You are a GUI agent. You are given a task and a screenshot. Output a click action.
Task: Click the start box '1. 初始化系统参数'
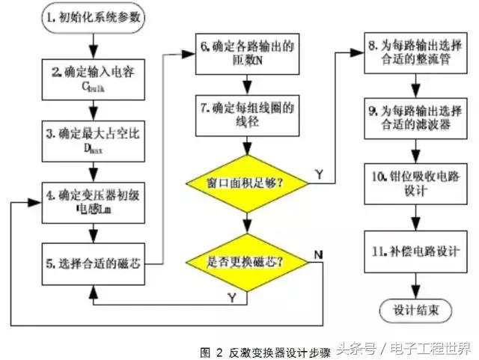click(91, 16)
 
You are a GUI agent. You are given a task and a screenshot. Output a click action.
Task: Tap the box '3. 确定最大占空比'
click(91, 138)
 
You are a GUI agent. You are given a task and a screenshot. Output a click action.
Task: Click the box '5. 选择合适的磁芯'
click(91, 263)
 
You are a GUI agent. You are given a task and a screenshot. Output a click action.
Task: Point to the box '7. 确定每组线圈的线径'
click(245, 115)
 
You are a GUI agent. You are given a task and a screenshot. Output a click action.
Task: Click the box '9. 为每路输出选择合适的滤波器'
click(412, 115)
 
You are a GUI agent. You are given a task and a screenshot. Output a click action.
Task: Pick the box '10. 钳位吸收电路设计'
click(412, 183)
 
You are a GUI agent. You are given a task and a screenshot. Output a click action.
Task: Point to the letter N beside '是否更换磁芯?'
click(319, 253)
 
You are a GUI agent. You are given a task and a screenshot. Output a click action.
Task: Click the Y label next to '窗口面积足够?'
click(318, 174)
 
